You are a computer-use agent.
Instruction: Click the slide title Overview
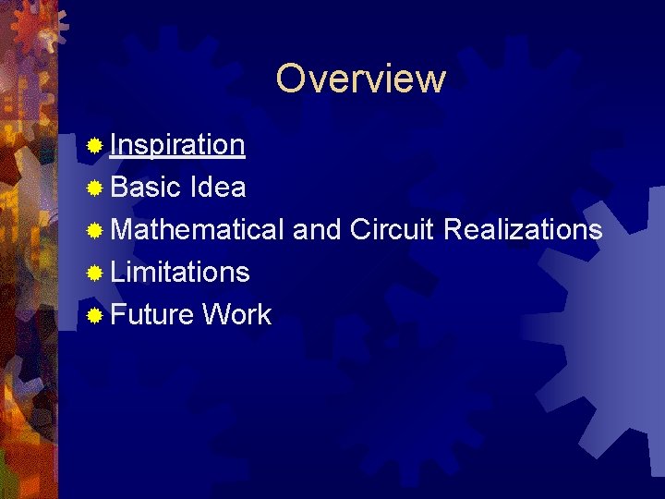pyautogui.click(x=360, y=79)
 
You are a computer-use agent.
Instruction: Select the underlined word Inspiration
pyautogui.click(x=177, y=145)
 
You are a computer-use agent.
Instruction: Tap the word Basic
pyautogui.click(x=145, y=188)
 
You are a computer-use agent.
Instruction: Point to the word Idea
pyautogui.click(x=217, y=188)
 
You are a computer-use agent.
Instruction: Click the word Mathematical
pyautogui.click(x=198, y=229)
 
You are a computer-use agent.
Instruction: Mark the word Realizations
pyautogui.click(x=523, y=229)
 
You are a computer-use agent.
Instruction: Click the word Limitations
pyautogui.click(x=180, y=272)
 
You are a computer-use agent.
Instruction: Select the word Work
pyautogui.click(x=236, y=314)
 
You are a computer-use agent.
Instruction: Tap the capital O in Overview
pyautogui.click(x=290, y=79)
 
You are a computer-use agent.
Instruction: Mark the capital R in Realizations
pyautogui.click(x=453, y=229)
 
